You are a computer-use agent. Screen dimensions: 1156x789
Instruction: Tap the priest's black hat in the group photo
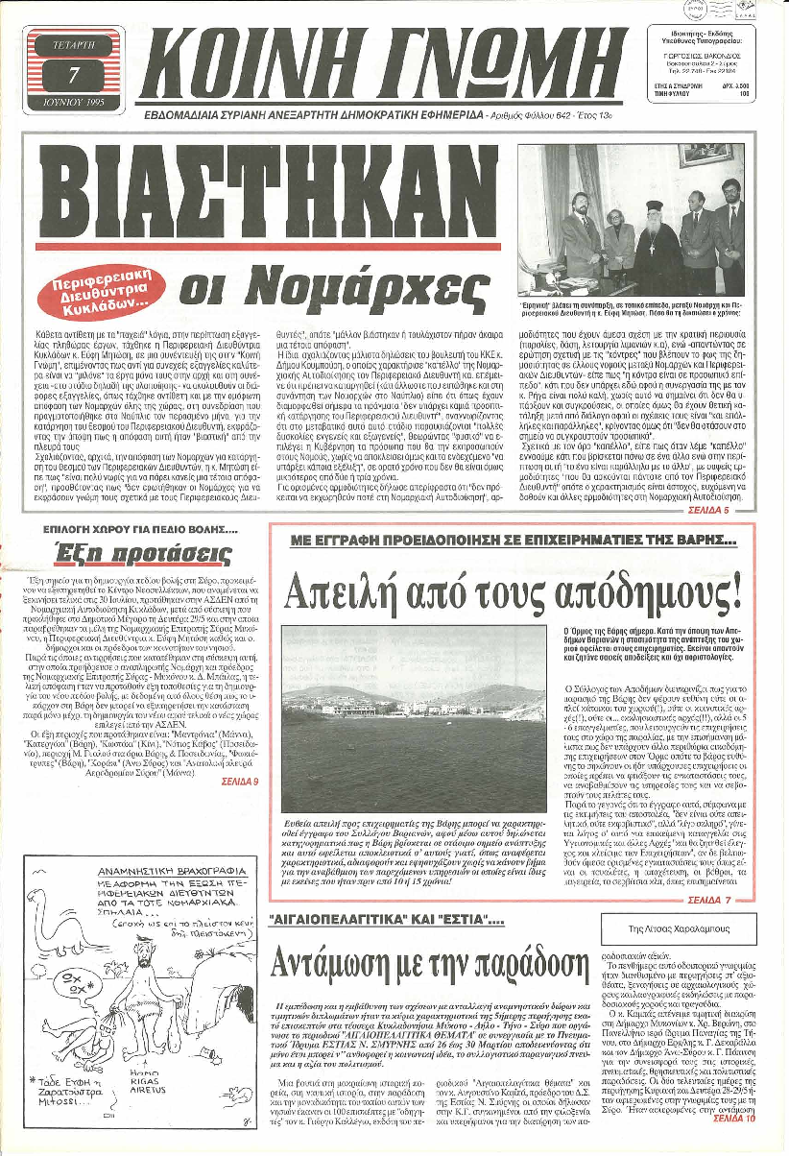661,201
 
